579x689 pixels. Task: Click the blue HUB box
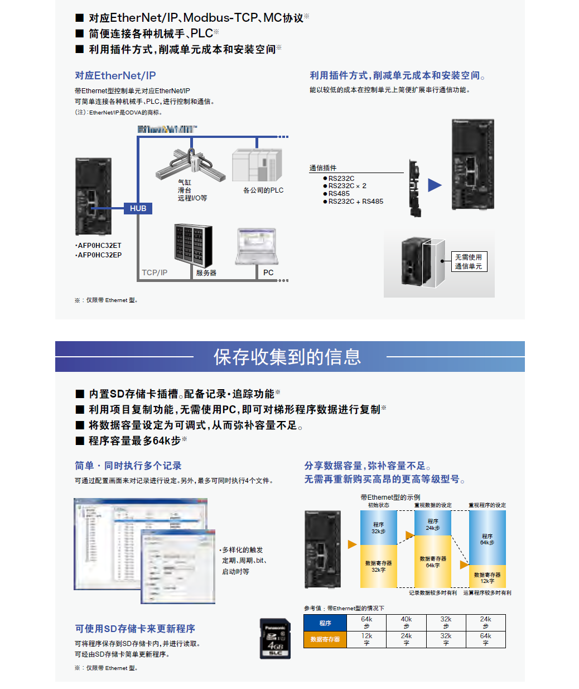[138, 208]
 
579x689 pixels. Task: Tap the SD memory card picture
[275, 638]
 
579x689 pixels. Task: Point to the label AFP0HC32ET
[99, 246]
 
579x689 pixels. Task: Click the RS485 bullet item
[339, 194]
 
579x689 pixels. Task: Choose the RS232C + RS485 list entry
[355, 202]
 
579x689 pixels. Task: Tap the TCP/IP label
[155, 272]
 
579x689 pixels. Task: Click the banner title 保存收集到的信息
[287, 357]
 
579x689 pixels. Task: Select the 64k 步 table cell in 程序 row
[366, 623]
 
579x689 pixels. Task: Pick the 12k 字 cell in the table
[366, 639]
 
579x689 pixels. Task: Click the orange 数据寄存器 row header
[325, 639]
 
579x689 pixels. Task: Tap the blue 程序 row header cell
[325, 623]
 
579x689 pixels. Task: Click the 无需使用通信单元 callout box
[469, 261]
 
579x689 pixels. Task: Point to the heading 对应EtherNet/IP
[115, 75]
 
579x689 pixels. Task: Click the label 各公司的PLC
[263, 190]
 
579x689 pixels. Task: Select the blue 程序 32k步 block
[378, 528]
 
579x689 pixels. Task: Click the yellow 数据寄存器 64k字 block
[433, 561]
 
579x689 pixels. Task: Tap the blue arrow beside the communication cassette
[435, 185]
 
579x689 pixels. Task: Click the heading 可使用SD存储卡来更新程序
[135, 629]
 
